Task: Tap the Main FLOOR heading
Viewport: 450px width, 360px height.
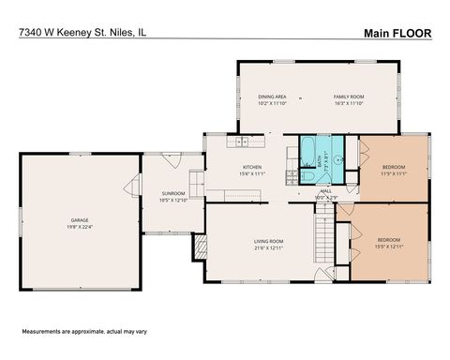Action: (x=397, y=32)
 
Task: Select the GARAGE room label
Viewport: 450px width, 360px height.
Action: (x=80, y=219)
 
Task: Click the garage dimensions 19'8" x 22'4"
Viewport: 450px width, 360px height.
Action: (x=80, y=227)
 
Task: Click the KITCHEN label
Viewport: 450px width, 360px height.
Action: (x=251, y=166)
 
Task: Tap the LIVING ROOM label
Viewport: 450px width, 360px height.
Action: (x=268, y=241)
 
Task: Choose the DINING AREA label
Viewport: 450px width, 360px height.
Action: (x=272, y=97)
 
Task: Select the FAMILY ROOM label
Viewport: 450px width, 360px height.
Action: (x=349, y=97)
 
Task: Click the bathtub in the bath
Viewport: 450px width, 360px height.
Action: (x=309, y=148)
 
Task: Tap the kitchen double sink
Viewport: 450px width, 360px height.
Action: (x=243, y=142)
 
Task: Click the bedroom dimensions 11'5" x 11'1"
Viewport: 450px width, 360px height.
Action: (x=393, y=173)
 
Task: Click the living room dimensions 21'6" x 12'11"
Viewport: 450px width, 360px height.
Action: (x=268, y=248)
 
